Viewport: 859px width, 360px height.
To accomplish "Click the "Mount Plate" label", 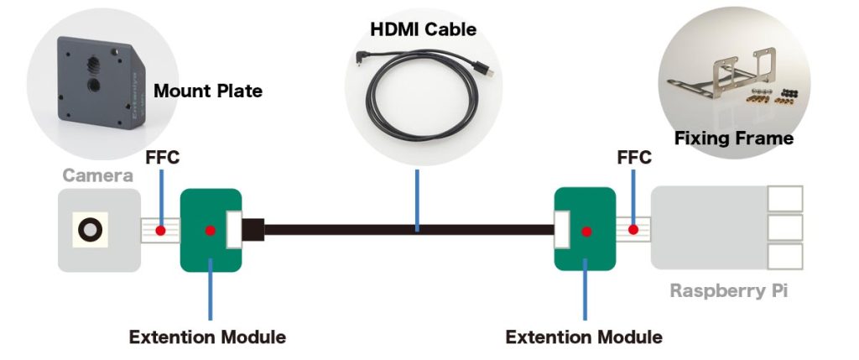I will click(x=208, y=91).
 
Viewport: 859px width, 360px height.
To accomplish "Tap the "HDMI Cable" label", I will click(x=423, y=30).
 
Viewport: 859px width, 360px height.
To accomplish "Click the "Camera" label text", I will click(x=97, y=175).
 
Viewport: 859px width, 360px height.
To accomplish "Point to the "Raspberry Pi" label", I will click(x=728, y=291).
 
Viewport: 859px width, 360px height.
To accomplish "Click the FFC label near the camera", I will click(x=163, y=157).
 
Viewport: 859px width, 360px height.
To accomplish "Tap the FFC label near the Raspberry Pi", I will click(x=634, y=157).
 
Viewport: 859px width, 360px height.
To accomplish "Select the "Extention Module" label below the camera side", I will click(x=207, y=337).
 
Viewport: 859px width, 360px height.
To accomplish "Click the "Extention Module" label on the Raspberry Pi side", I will click(x=584, y=337).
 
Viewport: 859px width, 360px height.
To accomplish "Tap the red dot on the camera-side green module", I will click(x=211, y=230).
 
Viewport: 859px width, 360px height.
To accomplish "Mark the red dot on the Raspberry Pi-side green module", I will click(x=586, y=230).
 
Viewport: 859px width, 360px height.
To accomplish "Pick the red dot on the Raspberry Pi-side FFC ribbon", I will click(x=634, y=230).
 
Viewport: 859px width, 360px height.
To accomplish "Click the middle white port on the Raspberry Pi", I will click(x=785, y=227).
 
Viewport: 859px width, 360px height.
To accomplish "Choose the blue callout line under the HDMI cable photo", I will click(x=417, y=197).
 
